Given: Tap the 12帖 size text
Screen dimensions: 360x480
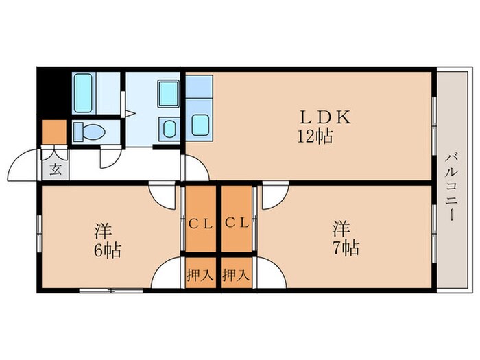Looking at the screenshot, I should (315, 136).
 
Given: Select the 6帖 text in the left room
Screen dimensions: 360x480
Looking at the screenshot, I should (107, 250).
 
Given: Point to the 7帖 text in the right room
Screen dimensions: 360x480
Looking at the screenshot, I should (346, 247).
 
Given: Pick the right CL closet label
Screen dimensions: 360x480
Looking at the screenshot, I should (236, 222).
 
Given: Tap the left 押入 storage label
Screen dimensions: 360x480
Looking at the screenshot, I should (200, 276).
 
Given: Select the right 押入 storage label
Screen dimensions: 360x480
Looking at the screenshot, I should (237, 276).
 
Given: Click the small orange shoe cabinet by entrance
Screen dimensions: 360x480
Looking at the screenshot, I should (53, 131).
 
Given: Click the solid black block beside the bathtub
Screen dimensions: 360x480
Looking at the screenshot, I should (53, 93).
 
